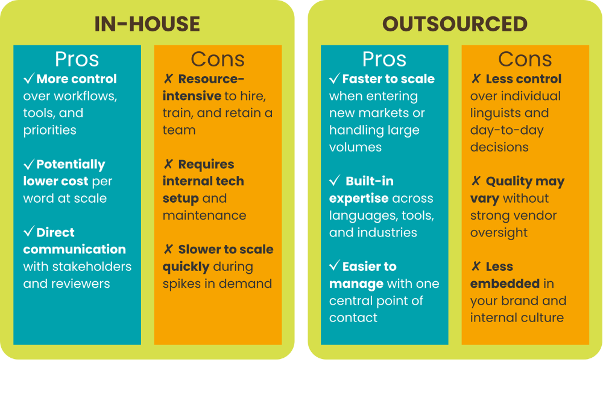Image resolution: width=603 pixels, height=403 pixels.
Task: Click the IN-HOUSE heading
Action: (x=147, y=24)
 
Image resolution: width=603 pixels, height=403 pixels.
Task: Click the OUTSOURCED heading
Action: (x=455, y=24)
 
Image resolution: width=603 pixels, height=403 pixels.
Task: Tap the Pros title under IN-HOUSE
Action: (x=77, y=59)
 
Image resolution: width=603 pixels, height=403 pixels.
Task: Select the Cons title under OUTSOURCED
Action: (x=525, y=59)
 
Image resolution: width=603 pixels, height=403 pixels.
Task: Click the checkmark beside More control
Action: (x=29, y=78)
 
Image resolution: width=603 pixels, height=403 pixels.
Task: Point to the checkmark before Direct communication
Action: (x=29, y=231)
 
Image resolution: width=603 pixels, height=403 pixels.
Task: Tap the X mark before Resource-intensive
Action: (x=168, y=78)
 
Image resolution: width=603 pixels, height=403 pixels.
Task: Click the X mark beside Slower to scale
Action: (x=168, y=249)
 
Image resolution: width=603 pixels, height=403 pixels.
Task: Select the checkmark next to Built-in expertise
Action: (x=335, y=180)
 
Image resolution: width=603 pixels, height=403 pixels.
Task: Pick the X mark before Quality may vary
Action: (x=476, y=180)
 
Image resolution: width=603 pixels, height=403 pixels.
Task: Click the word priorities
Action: (x=49, y=130)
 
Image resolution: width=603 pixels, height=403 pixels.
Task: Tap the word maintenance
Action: (x=204, y=215)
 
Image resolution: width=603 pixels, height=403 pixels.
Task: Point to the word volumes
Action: (x=355, y=147)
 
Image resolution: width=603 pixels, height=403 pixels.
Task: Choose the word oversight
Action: (x=499, y=233)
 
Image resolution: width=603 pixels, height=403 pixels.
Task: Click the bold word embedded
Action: (x=505, y=284)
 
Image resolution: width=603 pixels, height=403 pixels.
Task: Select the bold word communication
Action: (x=74, y=249)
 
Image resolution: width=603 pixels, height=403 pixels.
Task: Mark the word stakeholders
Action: (x=97, y=267)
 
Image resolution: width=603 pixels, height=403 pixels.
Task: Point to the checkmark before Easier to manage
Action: (x=335, y=265)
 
